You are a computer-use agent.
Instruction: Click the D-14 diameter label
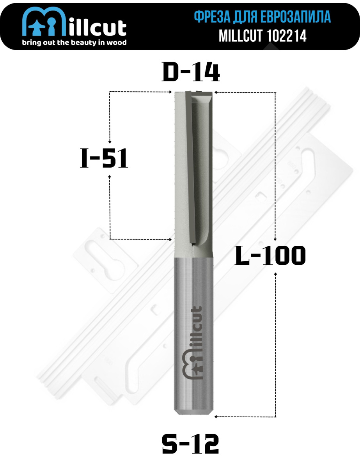click(x=191, y=73)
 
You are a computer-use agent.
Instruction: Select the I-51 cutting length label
click(x=104, y=158)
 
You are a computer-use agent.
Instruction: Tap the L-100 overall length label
click(x=270, y=255)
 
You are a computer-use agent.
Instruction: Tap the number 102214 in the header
click(x=287, y=35)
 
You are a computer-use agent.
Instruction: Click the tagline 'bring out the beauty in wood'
click(x=74, y=43)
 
